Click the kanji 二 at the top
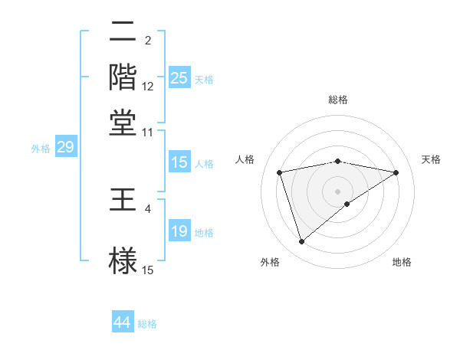pos(123,33)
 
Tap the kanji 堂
pos(123,123)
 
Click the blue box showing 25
pos(179,78)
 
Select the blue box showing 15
pos(179,162)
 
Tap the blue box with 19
pos(179,231)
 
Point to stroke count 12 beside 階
pos(148,87)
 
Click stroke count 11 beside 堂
pos(148,132)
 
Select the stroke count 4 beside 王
pos(148,208)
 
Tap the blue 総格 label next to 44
pos(147,324)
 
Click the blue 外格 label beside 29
pos(40,149)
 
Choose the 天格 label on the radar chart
pos(431,159)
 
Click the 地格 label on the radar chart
pos(402,262)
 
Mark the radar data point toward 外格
pos(301,242)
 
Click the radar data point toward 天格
pos(396,172)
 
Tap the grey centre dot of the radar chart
pos(338,191)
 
